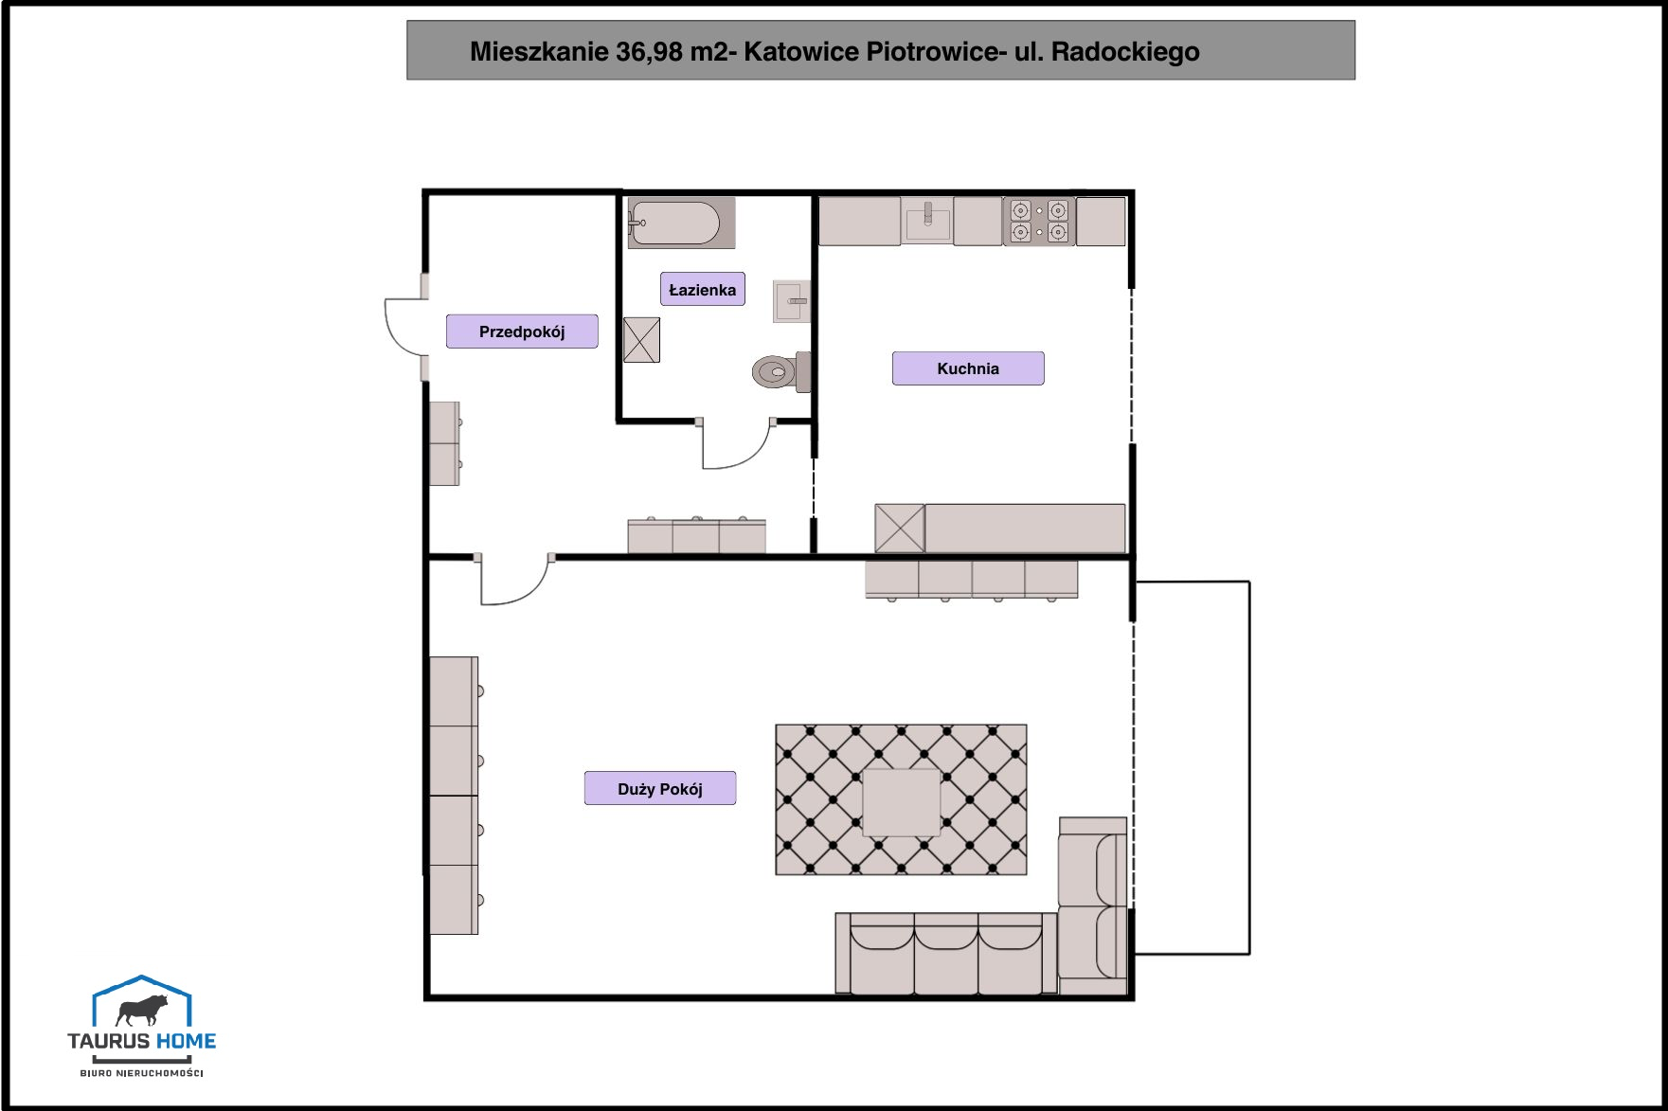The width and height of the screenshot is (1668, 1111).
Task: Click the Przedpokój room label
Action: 522,332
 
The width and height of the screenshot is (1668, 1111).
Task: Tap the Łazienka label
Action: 703,290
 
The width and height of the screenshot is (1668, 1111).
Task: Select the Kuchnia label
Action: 968,368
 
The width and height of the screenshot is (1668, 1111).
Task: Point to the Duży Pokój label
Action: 660,789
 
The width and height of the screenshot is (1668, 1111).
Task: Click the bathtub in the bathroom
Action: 681,224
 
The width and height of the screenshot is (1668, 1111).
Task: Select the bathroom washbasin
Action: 792,301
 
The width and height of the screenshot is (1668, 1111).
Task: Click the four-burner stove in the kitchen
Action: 1039,222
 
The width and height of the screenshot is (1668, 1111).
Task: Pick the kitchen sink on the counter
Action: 927,222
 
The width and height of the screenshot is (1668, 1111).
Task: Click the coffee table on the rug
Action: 901,803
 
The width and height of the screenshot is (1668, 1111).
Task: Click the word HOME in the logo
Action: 186,1041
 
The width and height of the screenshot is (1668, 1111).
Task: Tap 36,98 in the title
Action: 649,51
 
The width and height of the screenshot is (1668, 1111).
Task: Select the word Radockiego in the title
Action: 1125,52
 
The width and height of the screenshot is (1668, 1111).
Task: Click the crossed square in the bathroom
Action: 641,340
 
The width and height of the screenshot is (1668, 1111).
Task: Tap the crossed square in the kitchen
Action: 900,529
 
